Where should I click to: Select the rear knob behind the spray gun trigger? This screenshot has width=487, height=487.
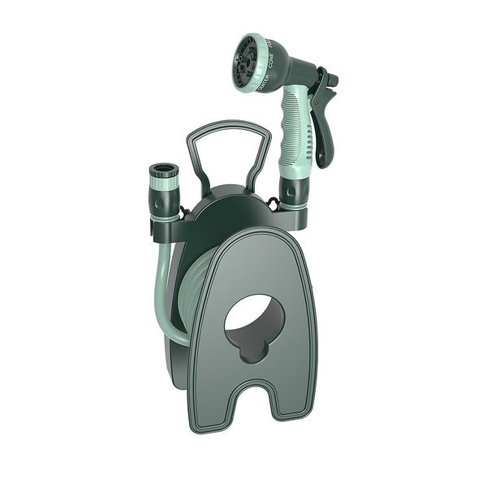click(331, 80)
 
